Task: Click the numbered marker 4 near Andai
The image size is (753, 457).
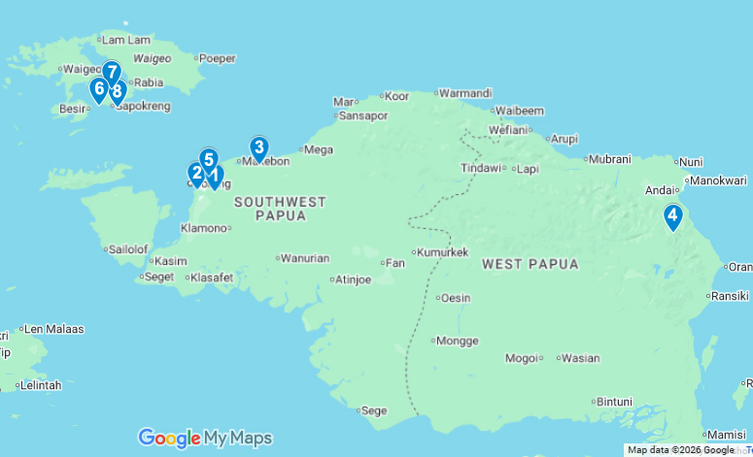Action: point(672,216)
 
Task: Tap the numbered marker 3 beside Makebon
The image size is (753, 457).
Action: point(258,147)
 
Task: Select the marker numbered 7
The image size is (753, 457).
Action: point(112,72)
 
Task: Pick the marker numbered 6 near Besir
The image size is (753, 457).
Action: point(98,88)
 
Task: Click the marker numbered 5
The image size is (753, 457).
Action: point(208,158)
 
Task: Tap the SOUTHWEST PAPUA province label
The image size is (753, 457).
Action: point(280,209)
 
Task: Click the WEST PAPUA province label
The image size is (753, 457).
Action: point(530,264)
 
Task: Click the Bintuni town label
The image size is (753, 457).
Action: point(613,401)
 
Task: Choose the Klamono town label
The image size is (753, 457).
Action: point(203,228)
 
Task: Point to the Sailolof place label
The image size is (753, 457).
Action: point(127,248)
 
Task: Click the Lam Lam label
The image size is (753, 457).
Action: point(126,40)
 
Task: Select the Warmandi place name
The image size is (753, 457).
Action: point(465,93)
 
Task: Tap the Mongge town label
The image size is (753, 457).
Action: point(457,341)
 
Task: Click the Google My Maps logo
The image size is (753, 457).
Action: point(205,438)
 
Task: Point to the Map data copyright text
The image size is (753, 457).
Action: point(680,450)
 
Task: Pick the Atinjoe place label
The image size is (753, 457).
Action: point(352,280)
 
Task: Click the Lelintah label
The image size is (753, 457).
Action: point(40,385)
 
